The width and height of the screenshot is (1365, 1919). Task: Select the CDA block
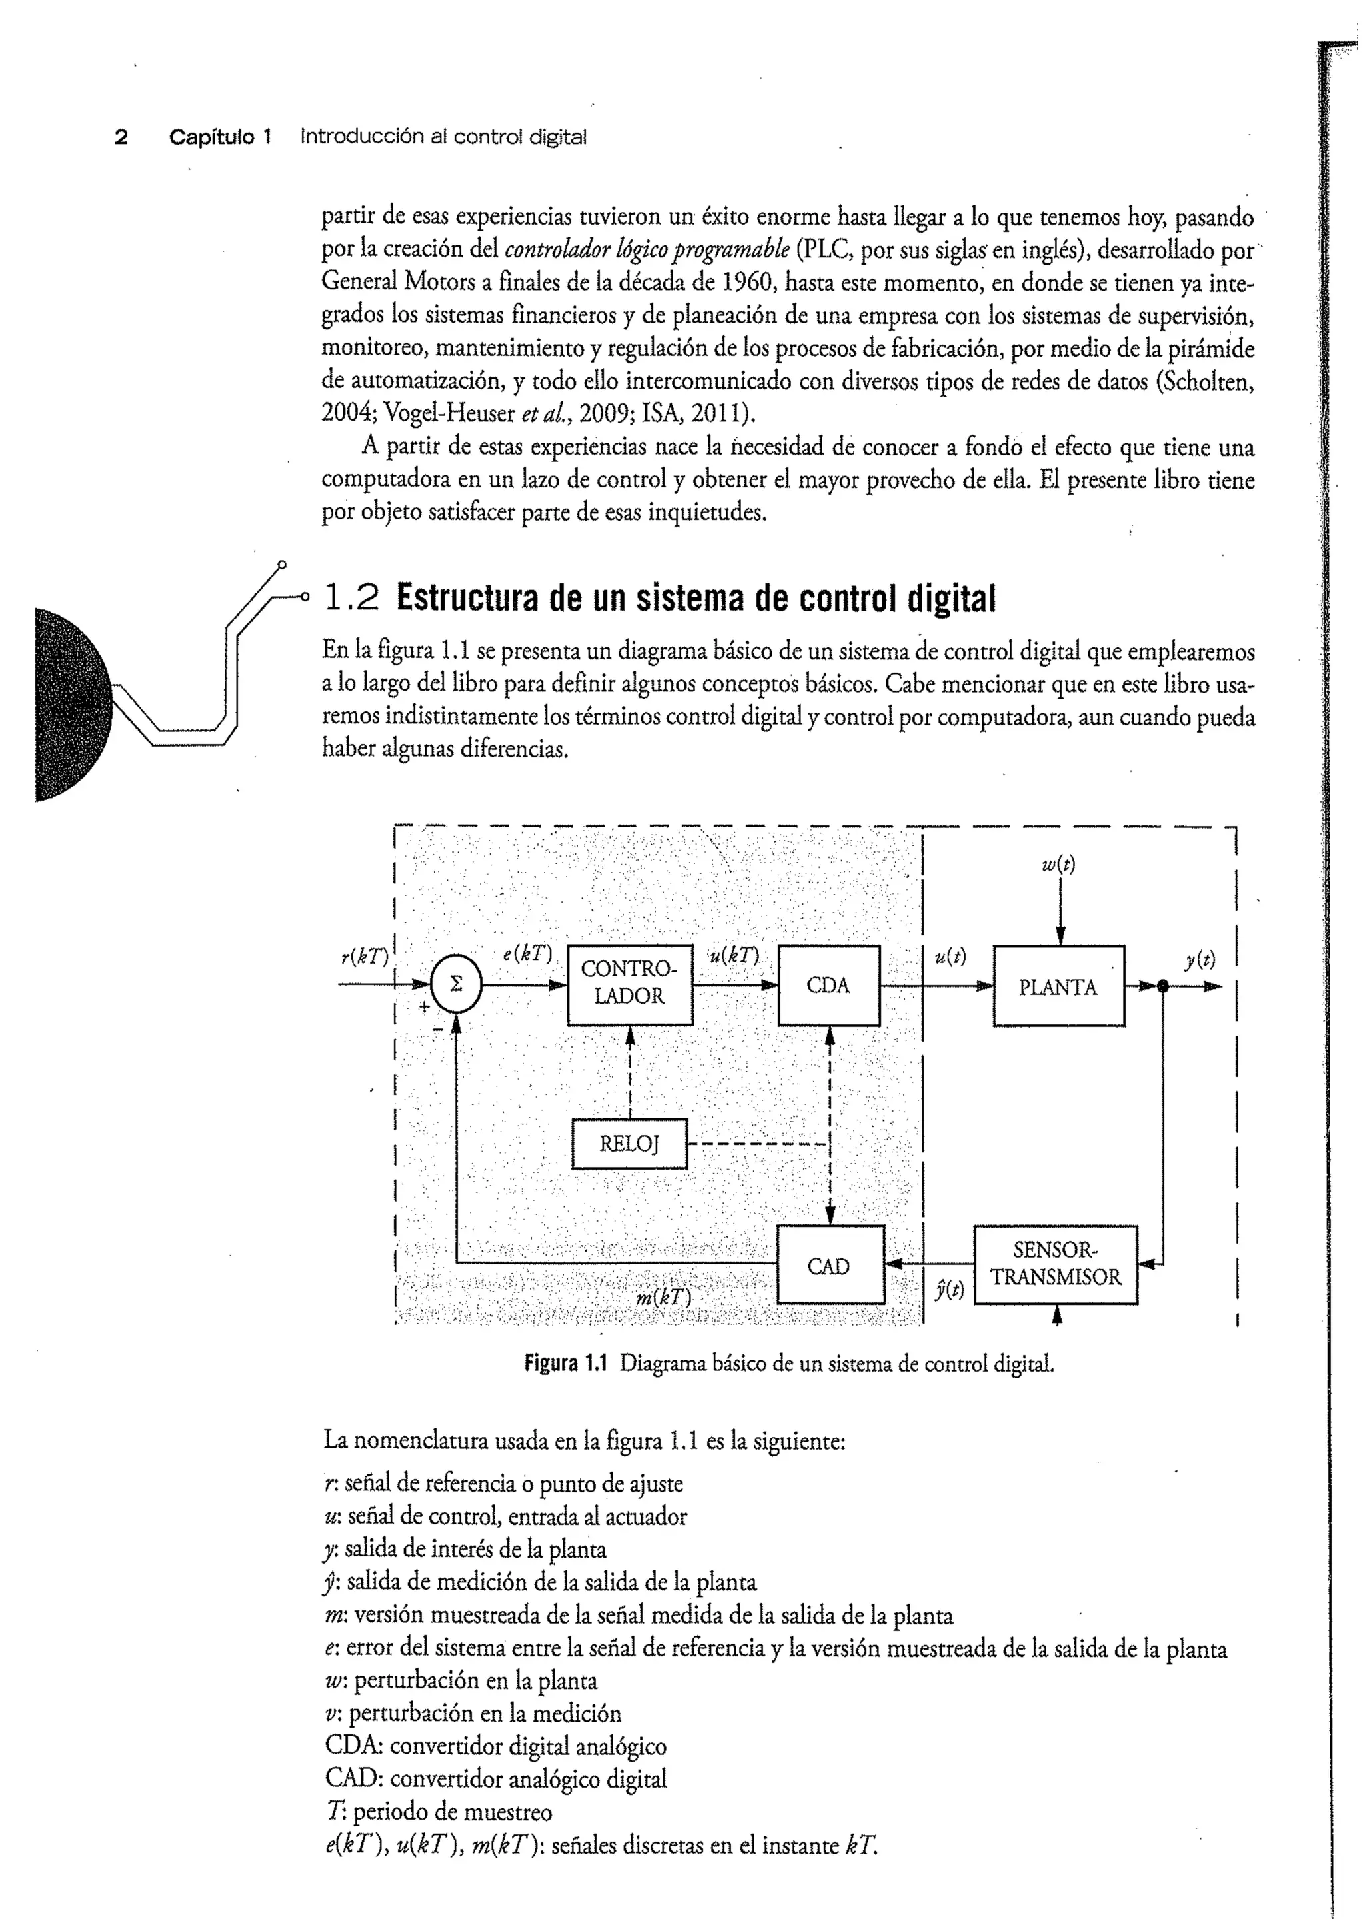click(x=828, y=985)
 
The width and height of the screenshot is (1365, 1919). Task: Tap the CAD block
click(x=828, y=1266)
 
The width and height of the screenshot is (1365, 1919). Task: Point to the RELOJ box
click(x=629, y=1143)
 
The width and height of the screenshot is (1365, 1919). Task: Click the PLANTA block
click(x=1058, y=986)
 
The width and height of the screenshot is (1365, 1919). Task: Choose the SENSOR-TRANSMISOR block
click(x=1056, y=1265)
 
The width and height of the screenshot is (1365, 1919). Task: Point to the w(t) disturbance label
click(x=1058, y=864)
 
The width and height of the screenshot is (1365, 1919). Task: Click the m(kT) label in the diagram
click(x=664, y=1298)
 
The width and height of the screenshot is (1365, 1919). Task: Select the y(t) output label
click(x=1200, y=959)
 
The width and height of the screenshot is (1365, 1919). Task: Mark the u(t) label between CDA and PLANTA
click(x=950, y=957)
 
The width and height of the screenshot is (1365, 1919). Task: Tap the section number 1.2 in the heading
click(x=351, y=598)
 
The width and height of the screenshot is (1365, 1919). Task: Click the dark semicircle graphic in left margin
click(x=72, y=704)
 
